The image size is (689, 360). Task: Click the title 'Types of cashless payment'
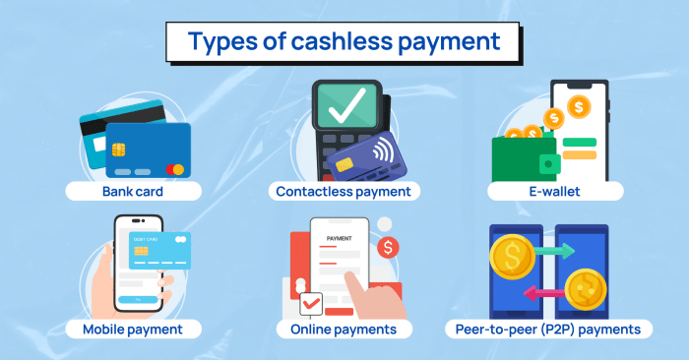pyautogui.click(x=344, y=42)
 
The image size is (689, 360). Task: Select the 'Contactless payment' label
pyautogui.click(x=344, y=190)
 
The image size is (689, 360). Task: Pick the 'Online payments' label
pyautogui.click(x=344, y=329)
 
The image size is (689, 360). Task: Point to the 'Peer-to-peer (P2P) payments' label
pyautogui.click(x=555, y=329)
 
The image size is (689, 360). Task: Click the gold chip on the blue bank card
pyautogui.click(x=119, y=150)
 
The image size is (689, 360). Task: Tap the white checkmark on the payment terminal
pyautogui.click(x=344, y=106)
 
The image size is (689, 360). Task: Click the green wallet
pyautogui.click(x=522, y=156)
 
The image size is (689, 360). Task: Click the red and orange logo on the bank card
pyautogui.click(x=174, y=170)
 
